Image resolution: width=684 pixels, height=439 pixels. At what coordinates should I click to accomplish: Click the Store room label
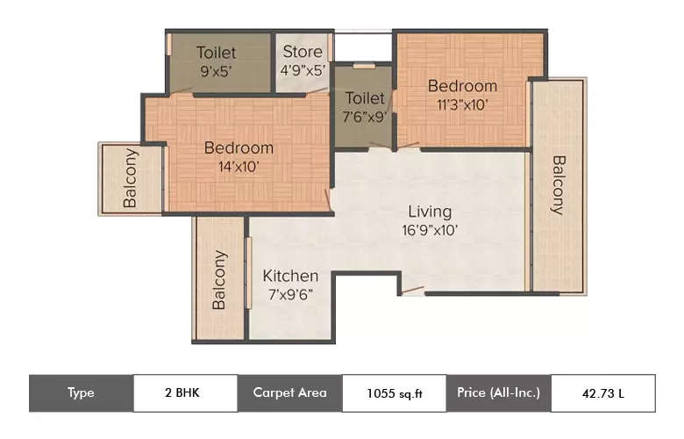pos(303,52)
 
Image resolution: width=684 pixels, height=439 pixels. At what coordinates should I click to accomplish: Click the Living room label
pos(430,212)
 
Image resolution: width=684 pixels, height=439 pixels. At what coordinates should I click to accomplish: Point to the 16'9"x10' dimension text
pos(430,231)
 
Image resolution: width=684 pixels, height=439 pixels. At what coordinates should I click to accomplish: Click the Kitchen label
pos(291,276)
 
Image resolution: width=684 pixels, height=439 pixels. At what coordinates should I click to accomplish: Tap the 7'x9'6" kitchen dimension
pos(291,295)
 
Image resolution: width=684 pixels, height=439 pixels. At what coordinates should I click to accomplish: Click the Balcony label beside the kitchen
pos(219,280)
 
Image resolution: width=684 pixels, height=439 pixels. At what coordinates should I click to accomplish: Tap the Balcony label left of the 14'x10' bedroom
pos(131,179)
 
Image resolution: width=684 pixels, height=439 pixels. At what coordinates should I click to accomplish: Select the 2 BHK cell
pos(185,392)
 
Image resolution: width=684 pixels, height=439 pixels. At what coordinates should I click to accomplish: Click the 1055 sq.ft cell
pos(394,392)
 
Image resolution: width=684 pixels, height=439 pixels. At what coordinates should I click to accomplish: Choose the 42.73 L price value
pos(602,392)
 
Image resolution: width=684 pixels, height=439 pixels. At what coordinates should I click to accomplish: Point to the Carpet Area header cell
pos(289,392)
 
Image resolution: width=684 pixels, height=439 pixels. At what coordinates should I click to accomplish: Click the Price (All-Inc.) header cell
pos(498,392)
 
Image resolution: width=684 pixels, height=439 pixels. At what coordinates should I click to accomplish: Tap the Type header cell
pos(81,392)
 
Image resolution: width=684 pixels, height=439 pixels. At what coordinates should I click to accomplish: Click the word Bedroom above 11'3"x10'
pos(462,86)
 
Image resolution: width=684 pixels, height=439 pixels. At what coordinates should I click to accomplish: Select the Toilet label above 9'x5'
pos(216,52)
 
